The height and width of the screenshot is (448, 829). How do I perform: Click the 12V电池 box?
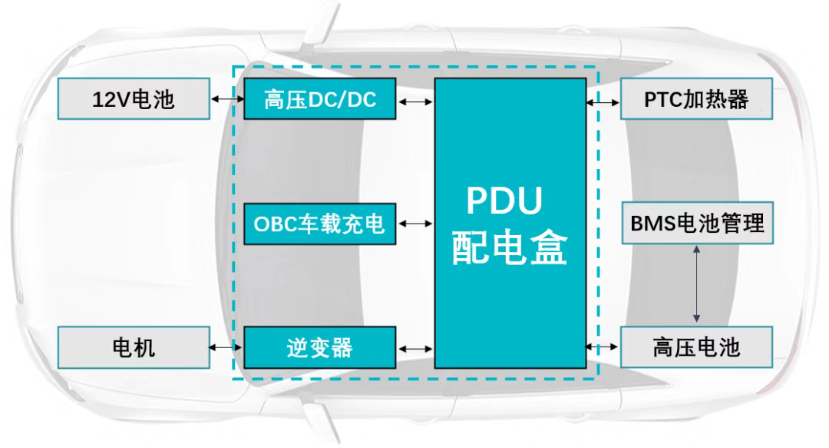[x=134, y=99]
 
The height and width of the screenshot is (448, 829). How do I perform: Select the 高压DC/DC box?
[x=320, y=99]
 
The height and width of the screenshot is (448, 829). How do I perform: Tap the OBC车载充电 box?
[x=320, y=224]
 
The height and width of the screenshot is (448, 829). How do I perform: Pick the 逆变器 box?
[x=320, y=347]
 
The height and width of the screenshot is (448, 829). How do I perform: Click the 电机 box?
[x=134, y=347]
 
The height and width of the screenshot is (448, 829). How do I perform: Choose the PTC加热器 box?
[x=695, y=99]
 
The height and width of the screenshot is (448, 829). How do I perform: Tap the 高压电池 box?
[x=695, y=347]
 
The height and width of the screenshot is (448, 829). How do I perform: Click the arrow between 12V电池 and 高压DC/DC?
[x=226, y=100]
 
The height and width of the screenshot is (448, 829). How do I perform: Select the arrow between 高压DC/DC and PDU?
[x=415, y=101]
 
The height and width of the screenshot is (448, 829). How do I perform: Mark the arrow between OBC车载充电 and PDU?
[x=415, y=224]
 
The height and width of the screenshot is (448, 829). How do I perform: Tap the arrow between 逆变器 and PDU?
[x=415, y=348]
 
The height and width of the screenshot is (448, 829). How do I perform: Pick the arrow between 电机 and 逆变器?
[x=226, y=348]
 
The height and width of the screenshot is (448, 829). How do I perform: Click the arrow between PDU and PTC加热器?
[x=603, y=101]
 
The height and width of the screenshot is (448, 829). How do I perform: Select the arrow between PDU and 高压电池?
[x=603, y=348]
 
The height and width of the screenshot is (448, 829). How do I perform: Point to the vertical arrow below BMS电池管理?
[x=697, y=284]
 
